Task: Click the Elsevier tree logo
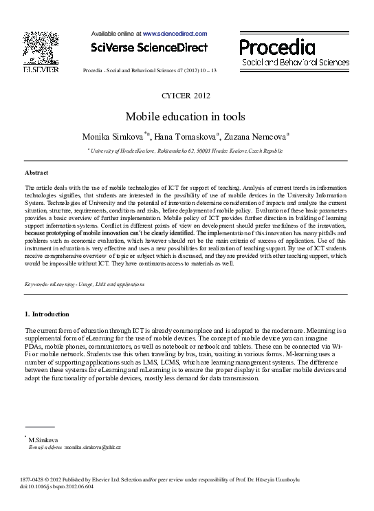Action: pyautogui.click(x=40, y=47)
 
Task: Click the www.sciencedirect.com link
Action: pyautogui.click(x=175, y=33)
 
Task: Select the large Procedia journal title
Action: pyautogui.click(x=277, y=47)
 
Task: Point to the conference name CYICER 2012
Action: pyautogui.click(x=186, y=95)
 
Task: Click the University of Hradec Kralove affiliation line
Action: pyautogui.click(x=186, y=150)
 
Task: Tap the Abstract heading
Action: pyautogui.click(x=36, y=172)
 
